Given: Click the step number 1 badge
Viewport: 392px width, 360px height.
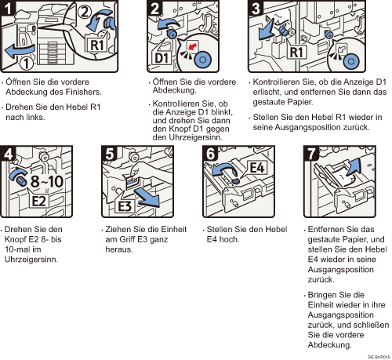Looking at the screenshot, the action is point(7,8).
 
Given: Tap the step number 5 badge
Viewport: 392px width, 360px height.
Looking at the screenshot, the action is point(109,153).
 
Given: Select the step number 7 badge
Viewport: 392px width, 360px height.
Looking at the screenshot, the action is point(311,153).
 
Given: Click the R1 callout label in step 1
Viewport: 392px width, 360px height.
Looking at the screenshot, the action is point(96,45).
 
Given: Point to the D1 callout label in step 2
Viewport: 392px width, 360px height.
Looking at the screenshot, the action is point(162,57).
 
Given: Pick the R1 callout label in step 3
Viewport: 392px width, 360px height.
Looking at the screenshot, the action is point(296,52).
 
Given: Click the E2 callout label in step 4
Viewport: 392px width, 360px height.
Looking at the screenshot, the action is point(38,201).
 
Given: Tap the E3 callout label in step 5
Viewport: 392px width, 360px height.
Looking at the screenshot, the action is point(125,206).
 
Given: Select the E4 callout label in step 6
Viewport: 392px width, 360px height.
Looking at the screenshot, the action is point(257,168).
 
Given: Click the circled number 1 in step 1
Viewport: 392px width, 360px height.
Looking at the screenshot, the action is point(27,64).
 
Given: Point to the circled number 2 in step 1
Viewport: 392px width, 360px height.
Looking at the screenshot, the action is point(84,12).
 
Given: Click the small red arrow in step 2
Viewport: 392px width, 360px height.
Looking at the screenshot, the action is point(192,46).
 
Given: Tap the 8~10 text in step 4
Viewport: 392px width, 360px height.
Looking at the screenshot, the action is point(46,181).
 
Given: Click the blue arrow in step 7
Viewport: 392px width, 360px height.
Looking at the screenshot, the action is point(354,168).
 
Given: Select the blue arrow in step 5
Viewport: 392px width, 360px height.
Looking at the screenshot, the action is point(147,198).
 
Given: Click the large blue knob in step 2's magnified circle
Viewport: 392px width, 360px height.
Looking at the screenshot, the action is point(202,60).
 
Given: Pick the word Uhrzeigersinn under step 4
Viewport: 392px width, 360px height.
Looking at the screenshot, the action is point(31,260).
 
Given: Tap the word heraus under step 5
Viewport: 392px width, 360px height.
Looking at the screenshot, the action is point(119,249).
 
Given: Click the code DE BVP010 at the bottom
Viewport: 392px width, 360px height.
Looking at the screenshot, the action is point(379,357).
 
